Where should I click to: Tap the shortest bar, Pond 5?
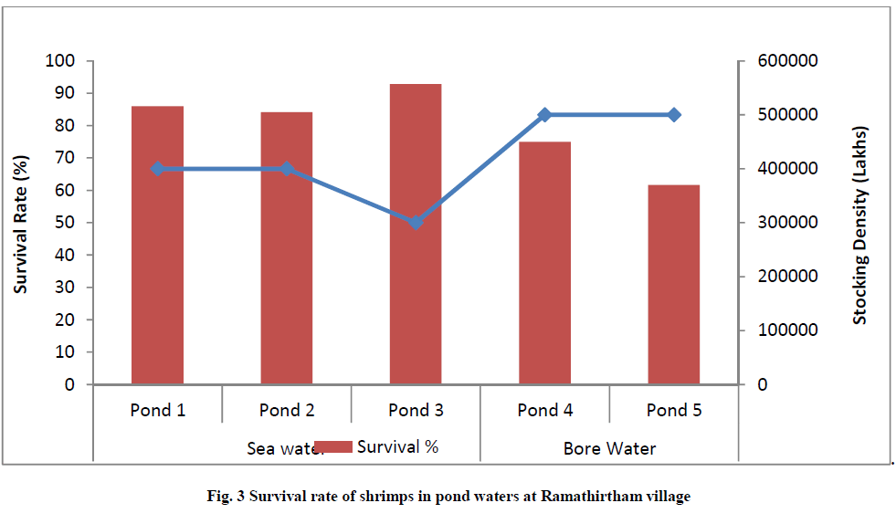pos(674,284)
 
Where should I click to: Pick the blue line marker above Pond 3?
pos(416,223)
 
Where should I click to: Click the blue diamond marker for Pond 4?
pos(545,115)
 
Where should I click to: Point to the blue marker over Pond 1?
pos(157,169)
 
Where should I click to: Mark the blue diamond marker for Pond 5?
pos(674,115)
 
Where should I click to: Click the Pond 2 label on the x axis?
pos(286,410)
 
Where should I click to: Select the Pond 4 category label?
pos(545,410)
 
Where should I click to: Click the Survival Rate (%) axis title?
pos(20,223)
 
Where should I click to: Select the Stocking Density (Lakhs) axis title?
pos(859,224)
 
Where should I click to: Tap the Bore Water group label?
pos(610,448)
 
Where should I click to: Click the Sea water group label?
pos(279,448)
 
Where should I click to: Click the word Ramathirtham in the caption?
pos(589,497)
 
